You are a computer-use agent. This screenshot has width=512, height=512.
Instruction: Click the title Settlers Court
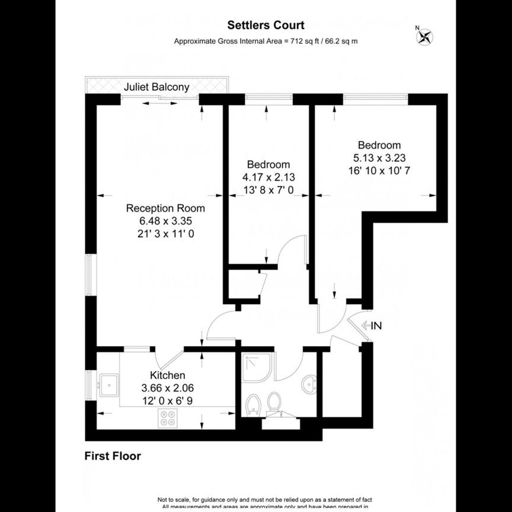(x=266, y=25)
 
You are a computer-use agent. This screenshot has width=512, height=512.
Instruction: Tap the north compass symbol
(x=424, y=37)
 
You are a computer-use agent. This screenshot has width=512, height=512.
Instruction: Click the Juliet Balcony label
(x=157, y=87)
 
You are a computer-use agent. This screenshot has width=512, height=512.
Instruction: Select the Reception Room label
(x=165, y=208)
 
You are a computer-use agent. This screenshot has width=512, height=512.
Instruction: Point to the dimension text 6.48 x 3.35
(x=165, y=220)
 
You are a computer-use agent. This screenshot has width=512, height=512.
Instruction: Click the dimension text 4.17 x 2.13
(x=268, y=177)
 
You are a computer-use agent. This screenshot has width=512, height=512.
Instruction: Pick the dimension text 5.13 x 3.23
(x=379, y=158)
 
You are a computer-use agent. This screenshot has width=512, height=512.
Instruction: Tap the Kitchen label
(x=167, y=375)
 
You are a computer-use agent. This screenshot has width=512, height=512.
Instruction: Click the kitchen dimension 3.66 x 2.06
(x=167, y=388)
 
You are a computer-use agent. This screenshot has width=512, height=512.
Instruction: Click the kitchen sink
(x=108, y=385)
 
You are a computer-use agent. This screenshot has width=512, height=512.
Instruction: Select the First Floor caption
(x=113, y=456)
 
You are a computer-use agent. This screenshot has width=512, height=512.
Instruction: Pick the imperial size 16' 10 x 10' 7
(x=379, y=170)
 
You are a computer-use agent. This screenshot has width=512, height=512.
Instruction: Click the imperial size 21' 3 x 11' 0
(x=165, y=233)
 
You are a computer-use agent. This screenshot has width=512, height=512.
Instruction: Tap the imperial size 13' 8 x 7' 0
(x=268, y=190)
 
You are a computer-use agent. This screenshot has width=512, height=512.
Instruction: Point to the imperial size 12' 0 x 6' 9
(x=167, y=401)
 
